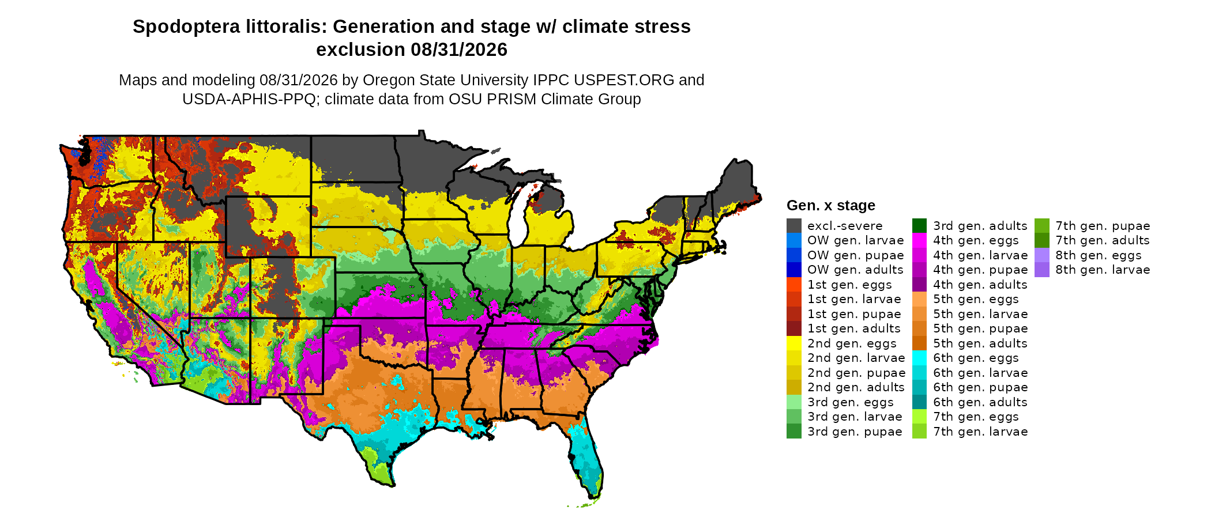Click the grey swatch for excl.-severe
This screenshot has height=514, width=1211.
pos(793,226)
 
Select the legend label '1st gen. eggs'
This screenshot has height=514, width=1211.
pos(849,285)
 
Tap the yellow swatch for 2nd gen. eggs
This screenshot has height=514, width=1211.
pos(793,343)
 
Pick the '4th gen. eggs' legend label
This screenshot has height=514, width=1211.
pos(976,240)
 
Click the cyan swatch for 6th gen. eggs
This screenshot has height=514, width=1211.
pos(919,358)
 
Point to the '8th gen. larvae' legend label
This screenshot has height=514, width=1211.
pos(1103,270)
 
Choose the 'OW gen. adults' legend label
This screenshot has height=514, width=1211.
pos(855,270)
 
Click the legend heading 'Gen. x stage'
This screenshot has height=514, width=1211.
pos(830,206)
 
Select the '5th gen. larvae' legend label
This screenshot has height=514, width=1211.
pos(980,314)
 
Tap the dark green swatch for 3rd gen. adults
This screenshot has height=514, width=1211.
pos(919,226)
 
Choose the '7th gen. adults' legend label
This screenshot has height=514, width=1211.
pos(1103,240)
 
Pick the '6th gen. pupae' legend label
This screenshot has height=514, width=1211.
pos(980,387)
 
